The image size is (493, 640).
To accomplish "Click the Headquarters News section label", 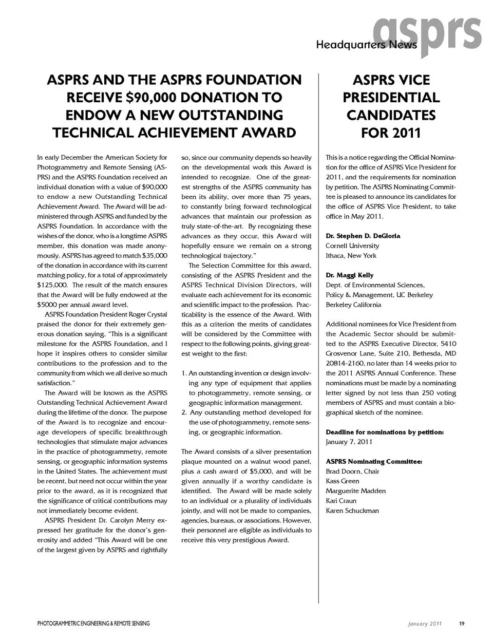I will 367,46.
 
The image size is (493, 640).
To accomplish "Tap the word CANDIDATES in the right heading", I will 391,115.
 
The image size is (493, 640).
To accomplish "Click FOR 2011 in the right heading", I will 391,133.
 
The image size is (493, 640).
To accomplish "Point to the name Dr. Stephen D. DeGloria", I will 363,236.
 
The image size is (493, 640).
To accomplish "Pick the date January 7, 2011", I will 349,442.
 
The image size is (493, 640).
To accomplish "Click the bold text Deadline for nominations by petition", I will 385,432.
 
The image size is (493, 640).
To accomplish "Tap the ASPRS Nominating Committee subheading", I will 374,462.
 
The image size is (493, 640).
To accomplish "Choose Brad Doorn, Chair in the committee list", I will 352,471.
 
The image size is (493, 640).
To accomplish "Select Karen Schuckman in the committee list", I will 352,511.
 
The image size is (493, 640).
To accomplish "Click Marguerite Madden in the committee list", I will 355,491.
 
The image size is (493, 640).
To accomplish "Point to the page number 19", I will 462,624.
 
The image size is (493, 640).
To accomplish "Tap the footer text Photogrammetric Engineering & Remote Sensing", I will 93,624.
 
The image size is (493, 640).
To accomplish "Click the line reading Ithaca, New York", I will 351,255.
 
